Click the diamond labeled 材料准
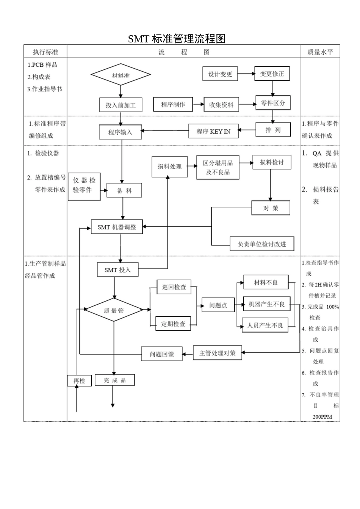click(x=121, y=75)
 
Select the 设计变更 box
click(x=220, y=74)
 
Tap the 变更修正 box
click(x=272, y=74)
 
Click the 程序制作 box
click(x=173, y=104)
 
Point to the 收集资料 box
click(x=221, y=105)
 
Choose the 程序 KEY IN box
click(x=213, y=131)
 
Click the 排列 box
click(x=273, y=130)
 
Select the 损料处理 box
click(x=169, y=167)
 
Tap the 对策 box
click(x=271, y=208)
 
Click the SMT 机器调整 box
click(x=117, y=227)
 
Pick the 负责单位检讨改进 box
click(x=262, y=244)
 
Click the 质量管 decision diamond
click(x=114, y=310)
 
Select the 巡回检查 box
click(x=174, y=287)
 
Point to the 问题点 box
click(x=218, y=305)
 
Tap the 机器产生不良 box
click(x=266, y=304)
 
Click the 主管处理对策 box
click(x=218, y=353)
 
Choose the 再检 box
click(x=80, y=381)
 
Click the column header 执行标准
click(x=45, y=52)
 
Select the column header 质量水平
click(x=320, y=52)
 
